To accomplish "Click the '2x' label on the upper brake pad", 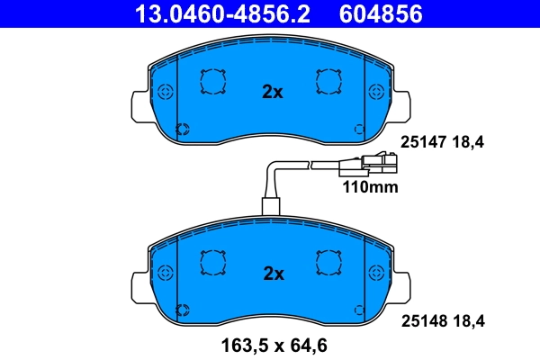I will [272, 92].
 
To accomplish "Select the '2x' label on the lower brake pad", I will [272, 272].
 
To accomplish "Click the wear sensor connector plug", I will [370, 166].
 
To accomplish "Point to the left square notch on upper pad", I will [212, 83].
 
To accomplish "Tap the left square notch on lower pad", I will [212, 263].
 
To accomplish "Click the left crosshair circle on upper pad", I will [164, 93].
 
